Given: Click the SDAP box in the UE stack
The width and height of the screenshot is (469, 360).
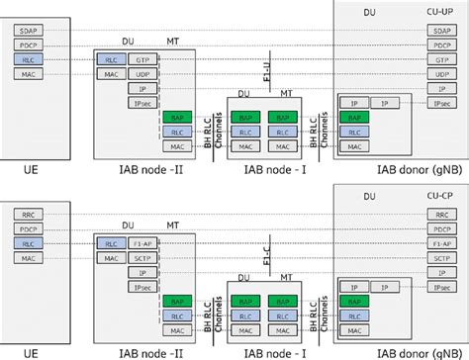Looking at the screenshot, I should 28,31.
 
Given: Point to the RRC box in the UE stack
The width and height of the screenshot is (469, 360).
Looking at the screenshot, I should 28,213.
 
